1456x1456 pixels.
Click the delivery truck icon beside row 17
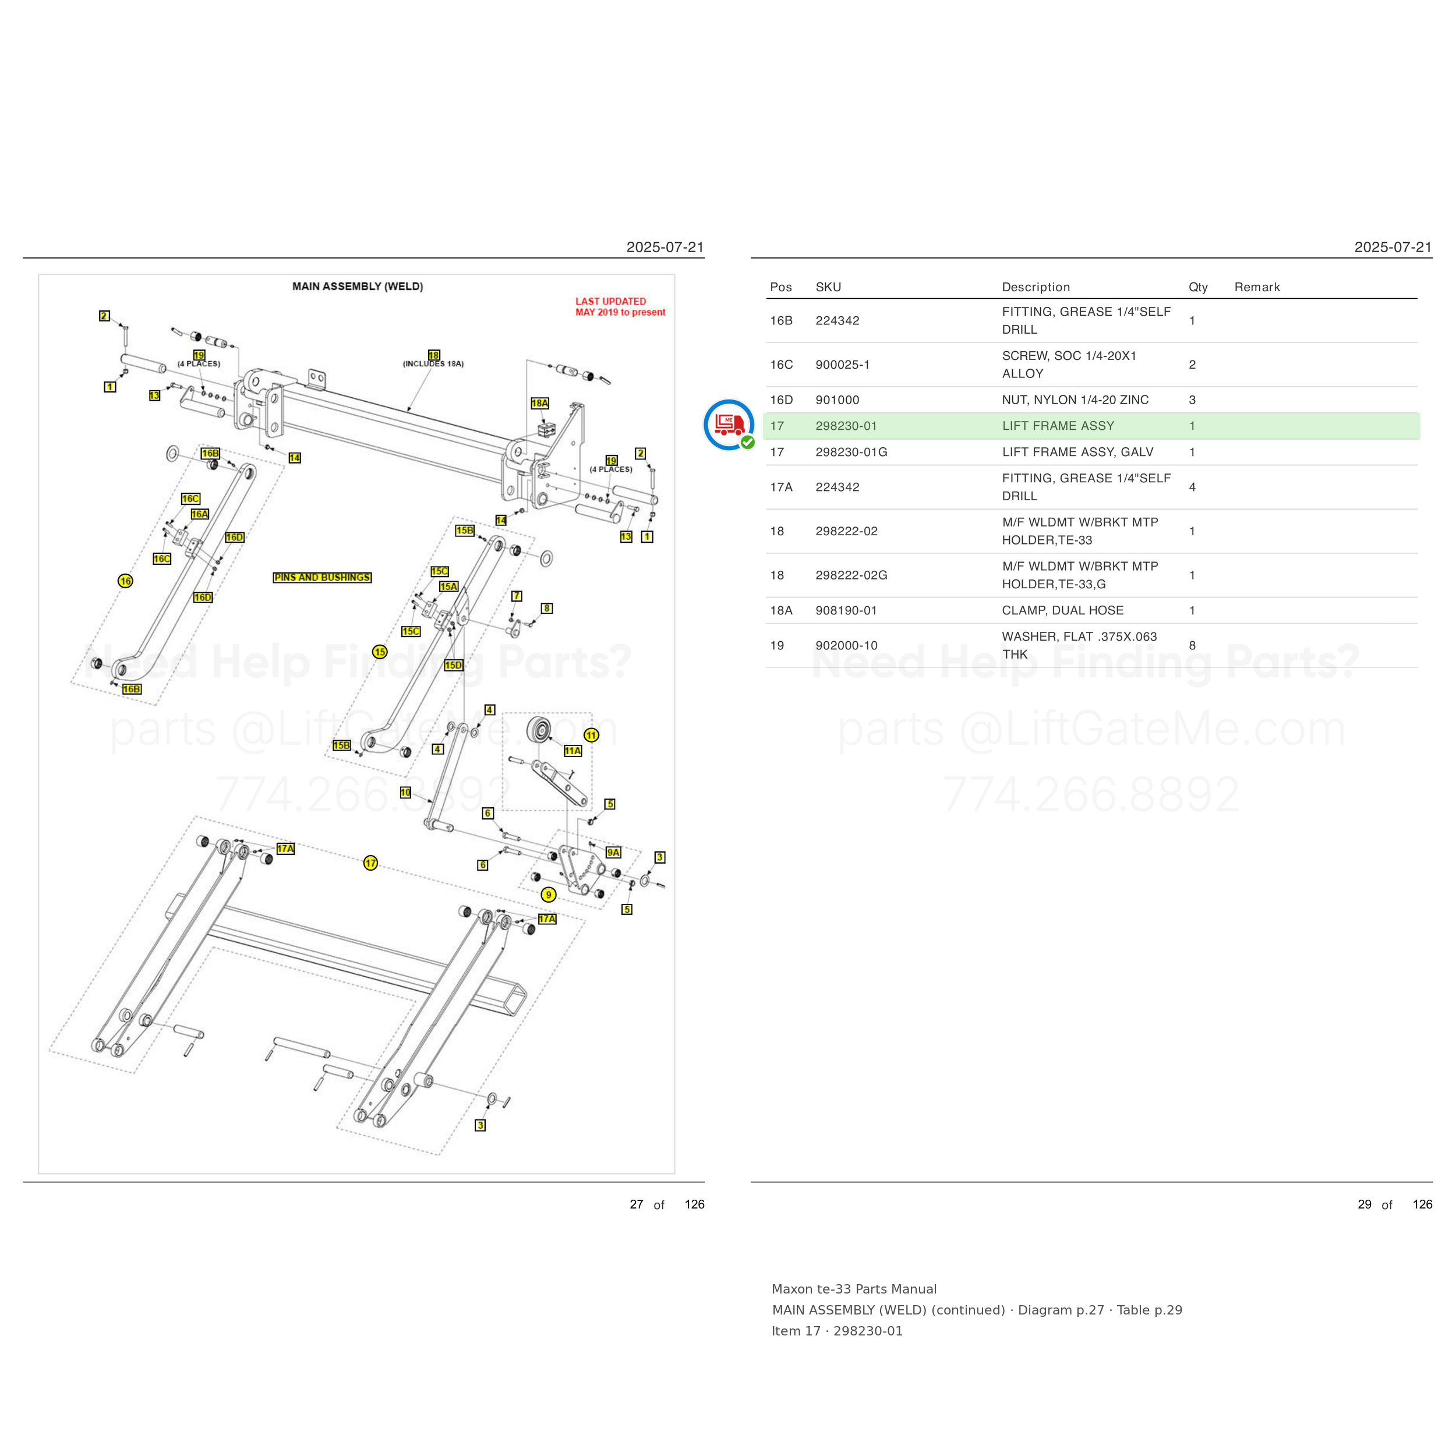729,425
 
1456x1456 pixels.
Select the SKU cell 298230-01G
851,452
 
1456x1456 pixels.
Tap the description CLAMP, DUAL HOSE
1063,610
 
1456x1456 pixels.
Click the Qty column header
1197,287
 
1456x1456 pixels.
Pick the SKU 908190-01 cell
846,610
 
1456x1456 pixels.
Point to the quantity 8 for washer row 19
1192,645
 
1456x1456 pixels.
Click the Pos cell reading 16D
782,400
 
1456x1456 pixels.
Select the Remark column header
1257,287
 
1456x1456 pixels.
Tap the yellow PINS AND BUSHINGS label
322,577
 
